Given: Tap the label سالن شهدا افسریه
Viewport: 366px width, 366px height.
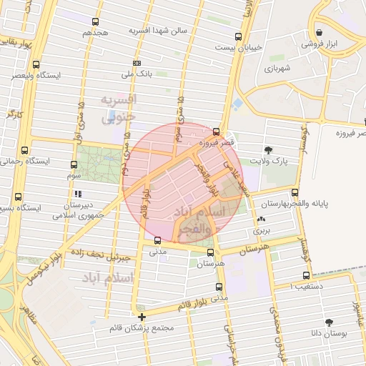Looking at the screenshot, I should (157, 31).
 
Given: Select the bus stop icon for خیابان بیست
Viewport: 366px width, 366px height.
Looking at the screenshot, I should (238, 36).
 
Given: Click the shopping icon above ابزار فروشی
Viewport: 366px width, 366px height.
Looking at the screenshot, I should (319, 33).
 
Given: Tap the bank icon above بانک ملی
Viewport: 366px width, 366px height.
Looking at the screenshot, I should (137, 63).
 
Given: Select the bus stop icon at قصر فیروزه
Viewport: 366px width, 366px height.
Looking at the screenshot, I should (216, 132).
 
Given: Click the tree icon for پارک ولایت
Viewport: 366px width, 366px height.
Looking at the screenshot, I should (268, 150).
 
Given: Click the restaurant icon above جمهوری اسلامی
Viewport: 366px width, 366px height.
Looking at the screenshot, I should (78, 194).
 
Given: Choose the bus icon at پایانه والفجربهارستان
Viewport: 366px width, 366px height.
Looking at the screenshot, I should (295, 192).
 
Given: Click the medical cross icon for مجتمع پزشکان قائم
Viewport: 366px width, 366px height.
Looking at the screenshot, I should (142, 317).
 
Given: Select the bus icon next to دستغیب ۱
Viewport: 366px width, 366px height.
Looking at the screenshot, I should (307, 275).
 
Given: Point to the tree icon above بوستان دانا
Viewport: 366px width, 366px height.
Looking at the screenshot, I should (329, 322).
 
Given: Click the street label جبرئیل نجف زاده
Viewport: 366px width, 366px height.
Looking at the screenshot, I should (106, 256).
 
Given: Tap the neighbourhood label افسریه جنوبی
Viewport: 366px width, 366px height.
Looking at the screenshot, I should (118, 108).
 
